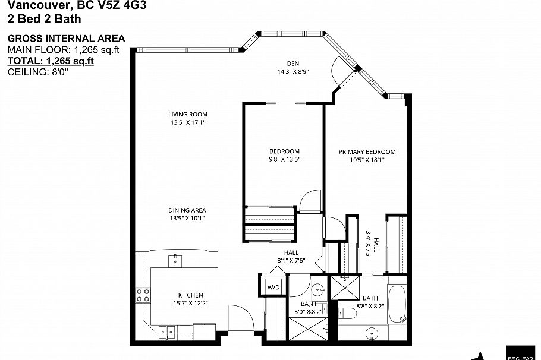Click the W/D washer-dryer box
pyautogui.click(x=274, y=286)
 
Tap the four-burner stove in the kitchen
pyautogui.click(x=143, y=295)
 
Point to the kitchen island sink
pyautogui.click(x=175, y=259)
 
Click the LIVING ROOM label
pyautogui.click(x=187, y=114)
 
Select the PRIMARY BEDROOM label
pyautogui.click(x=367, y=151)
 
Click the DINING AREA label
pyautogui.click(x=187, y=210)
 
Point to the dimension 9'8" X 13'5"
pyautogui.click(x=285, y=159)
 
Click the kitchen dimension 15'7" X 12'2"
pyautogui.click(x=191, y=303)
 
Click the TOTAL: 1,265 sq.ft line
pyautogui.click(x=51, y=61)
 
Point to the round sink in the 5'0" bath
pyautogui.click(x=318, y=290)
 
